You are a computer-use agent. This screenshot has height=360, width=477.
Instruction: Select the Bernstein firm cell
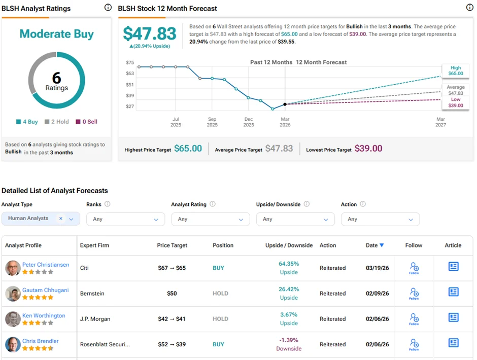click(92, 294)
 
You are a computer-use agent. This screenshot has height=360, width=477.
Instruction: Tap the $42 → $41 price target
click(172, 319)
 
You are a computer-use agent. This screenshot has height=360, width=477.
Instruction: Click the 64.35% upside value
click(289, 264)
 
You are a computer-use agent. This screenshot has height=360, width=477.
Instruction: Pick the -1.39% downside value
click(289, 340)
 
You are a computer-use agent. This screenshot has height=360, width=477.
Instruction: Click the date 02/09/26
click(377, 294)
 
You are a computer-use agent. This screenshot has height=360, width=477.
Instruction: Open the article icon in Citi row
click(453, 267)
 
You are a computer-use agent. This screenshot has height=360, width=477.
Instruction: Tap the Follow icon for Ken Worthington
click(414, 318)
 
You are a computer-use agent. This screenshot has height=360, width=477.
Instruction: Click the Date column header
click(374, 245)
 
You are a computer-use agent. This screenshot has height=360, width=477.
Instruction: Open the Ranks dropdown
click(125, 219)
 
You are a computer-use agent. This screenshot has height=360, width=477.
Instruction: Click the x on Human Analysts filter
click(61, 219)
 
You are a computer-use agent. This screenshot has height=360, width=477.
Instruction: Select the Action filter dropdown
click(380, 219)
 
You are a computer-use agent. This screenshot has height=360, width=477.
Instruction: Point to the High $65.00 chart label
click(456, 70)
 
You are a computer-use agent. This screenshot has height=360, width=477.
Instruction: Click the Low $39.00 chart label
click(456, 102)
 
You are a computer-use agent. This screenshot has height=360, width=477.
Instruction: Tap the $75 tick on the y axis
click(130, 62)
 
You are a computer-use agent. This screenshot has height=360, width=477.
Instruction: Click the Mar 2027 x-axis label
click(440, 122)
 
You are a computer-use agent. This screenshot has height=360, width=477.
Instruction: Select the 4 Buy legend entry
click(27, 122)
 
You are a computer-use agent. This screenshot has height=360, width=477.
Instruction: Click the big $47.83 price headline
click(150, 34)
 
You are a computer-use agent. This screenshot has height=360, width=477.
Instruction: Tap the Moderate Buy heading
click(56, 34)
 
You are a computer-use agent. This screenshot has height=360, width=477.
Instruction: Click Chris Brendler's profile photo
click(13, 344)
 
